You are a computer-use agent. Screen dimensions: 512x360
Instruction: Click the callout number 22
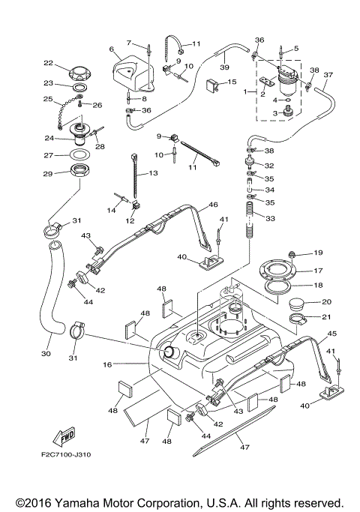47,63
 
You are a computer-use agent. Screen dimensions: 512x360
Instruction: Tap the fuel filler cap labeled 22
78,73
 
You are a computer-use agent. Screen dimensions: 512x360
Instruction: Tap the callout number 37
327,75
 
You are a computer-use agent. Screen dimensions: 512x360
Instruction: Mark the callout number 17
317,271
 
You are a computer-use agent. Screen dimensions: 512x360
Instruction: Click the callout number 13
154,174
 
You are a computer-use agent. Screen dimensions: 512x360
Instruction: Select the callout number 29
47,174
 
